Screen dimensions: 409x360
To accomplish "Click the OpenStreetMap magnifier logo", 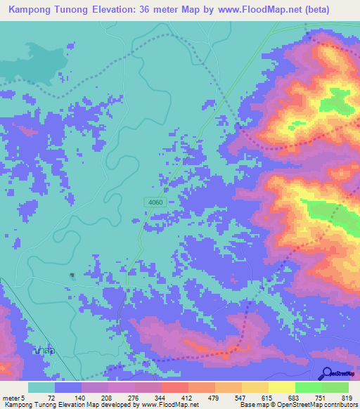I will pyautogui.click(x=328, y=373).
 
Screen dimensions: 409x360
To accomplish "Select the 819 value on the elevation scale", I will pyautogui.click(x=345, y=397).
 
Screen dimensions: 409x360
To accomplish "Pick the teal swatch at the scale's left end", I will pyautogui.click(x=41, y=387).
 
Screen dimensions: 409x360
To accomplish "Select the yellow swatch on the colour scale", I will pyautogui.click(x=282, y=387).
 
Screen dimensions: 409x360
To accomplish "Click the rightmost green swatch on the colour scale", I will pyautogui.click(x=335, y=387).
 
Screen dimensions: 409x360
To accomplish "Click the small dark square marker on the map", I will pyautogui.click(x=72, y=275).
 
